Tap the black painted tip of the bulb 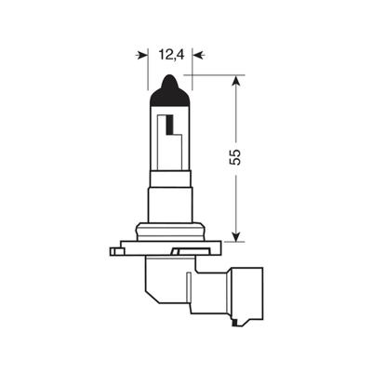coord(168,85)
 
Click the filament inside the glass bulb coord(172,130)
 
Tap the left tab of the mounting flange coord(115,250)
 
